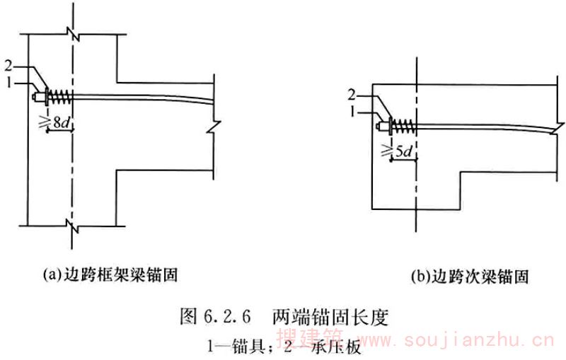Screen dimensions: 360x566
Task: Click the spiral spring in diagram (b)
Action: pos(401,127)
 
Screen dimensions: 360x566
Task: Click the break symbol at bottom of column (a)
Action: pos(69,226)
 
